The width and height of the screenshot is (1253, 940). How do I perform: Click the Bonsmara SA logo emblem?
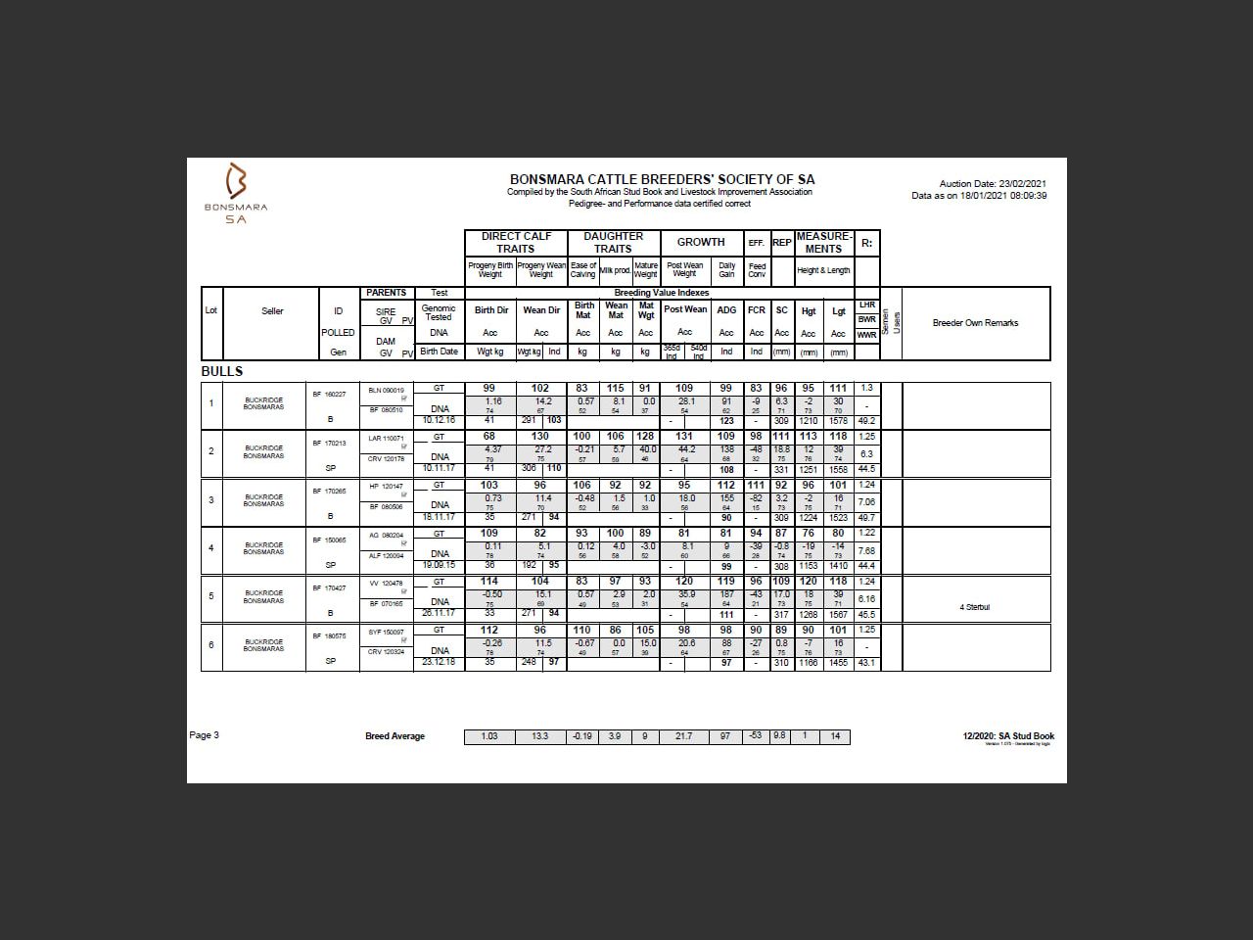(236, 182)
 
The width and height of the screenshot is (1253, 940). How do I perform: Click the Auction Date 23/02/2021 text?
(993, 184)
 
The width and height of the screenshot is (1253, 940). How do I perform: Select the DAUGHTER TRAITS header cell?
(613, 242)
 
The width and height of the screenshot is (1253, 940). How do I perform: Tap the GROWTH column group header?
(701, 242)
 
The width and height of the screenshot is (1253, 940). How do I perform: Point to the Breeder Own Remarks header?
(975, 323)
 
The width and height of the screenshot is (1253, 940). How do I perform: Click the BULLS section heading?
(222, 371)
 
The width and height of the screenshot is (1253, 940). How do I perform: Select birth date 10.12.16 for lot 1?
(439, 420)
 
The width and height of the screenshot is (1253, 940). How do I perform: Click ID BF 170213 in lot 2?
(329, 443)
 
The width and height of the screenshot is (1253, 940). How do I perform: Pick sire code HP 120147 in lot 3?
(386, 486)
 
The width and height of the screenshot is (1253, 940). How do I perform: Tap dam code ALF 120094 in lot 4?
(386, 555)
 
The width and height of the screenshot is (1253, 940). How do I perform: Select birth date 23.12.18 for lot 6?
(439, 662)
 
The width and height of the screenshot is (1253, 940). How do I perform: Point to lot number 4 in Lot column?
(211, 548)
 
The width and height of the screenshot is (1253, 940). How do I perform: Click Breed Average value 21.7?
(684, 736)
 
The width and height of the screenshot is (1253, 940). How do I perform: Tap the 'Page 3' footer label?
(205, 735)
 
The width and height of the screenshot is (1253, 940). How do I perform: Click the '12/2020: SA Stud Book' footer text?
(1008, 736)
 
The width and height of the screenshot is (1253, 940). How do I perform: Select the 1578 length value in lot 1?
(838, 421)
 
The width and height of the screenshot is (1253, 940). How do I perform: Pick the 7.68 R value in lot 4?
(866, 550)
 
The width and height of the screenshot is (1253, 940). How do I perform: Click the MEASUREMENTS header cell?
(823, 242)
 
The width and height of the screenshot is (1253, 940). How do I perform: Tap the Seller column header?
(272, 311)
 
